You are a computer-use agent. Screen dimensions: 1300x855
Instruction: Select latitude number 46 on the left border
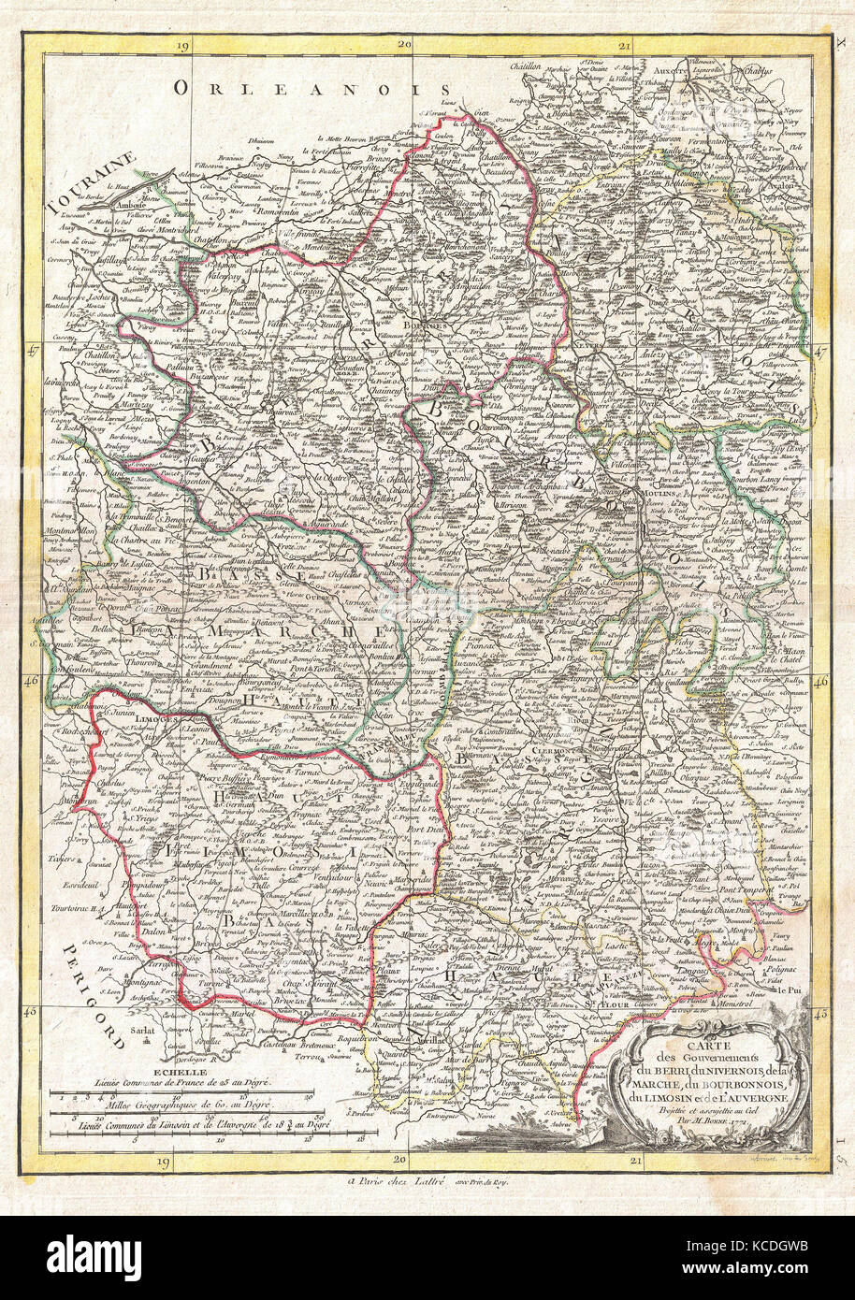point(32,682)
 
